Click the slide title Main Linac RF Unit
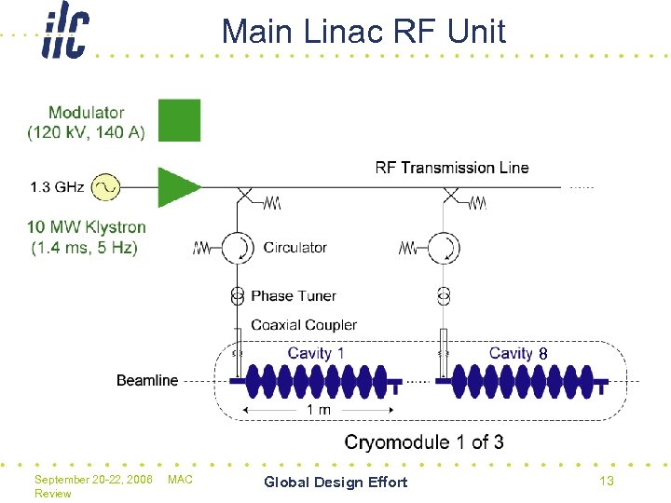(363, 32)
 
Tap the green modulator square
(179, 120)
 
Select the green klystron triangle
(177, 187)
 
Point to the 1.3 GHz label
(57, 187)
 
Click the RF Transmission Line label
(451, 168)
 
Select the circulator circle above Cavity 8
(445, 248)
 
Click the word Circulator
(294, 248)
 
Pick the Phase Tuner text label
(294, 295)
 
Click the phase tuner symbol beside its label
(237, 295)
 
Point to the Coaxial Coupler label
(304, 325)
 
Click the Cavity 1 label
(316, 353)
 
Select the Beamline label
(147, 380)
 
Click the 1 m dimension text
(318, 410)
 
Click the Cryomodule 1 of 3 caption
(424, 442)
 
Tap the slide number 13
(606, 481)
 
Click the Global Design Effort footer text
(335, 482)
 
